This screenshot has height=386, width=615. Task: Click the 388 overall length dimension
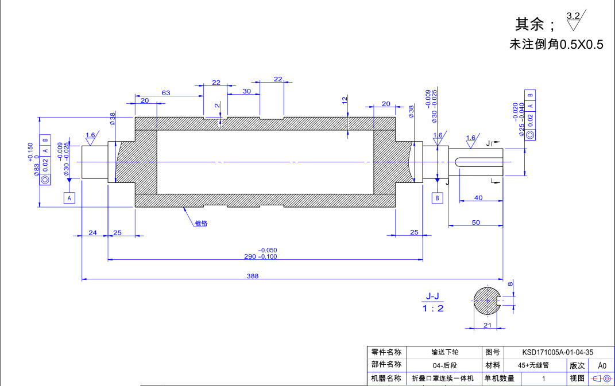click(253, 276)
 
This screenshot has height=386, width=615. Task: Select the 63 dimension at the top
click(166, 92)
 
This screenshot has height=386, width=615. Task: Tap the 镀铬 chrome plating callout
click(200, 223)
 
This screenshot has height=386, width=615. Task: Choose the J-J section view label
click(432, 296)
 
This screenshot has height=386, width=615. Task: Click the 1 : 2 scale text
click(433, 308)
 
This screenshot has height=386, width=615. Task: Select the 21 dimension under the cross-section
click(487, 325)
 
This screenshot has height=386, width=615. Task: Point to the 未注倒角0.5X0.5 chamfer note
click(556, 44)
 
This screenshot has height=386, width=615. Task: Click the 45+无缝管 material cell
click(533, 365)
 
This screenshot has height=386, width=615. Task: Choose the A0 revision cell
click(602, 365)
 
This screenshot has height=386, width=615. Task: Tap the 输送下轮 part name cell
click(445, 352)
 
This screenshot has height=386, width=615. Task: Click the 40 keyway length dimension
click(478, 197)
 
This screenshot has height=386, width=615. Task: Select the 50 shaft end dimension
click(476, 222)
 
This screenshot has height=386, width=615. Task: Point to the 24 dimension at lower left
click(92, 232)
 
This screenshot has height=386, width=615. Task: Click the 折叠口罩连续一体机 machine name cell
click(443, 379)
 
